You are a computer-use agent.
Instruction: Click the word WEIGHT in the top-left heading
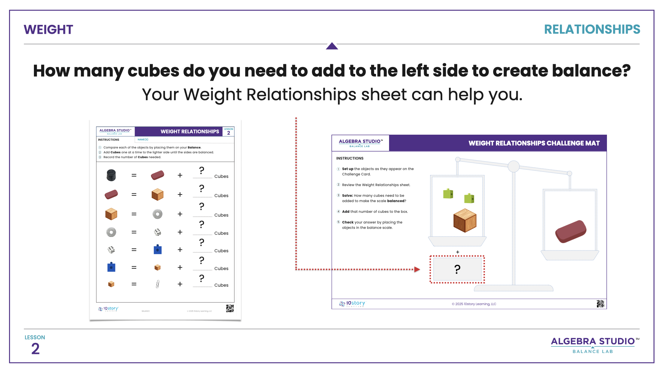[x=48, y=30]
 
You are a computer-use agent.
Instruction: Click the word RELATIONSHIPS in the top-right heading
[x=592, y=30]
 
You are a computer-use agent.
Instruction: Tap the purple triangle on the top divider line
[x=332, y=46]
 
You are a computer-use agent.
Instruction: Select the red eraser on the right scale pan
[x=571, y=231]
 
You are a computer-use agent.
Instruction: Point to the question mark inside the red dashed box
[x=457, y=269]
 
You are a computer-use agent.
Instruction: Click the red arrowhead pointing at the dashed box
[x=417, y=269]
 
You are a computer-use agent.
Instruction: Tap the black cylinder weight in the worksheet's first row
[x=111, y=175]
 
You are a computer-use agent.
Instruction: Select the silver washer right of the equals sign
[x=157, y=214]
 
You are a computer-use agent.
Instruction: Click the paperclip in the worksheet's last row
[x=157, y=284]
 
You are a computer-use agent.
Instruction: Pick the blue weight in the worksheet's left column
[x=111, y=267]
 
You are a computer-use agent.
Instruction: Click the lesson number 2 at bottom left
[x=35, y=349]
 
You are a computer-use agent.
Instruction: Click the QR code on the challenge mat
[x=600, y=304]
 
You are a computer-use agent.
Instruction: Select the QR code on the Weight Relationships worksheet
[x=230, y=308]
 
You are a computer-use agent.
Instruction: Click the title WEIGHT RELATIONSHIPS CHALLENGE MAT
[x=534, y=143]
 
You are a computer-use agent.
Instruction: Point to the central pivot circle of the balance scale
[x=514, y=166]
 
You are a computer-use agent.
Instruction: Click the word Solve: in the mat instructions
[x=348, y=195]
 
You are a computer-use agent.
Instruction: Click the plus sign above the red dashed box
[x=458, y=252]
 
